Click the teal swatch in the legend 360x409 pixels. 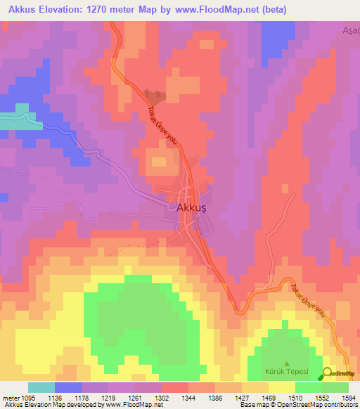41,387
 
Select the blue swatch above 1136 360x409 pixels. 68,387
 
